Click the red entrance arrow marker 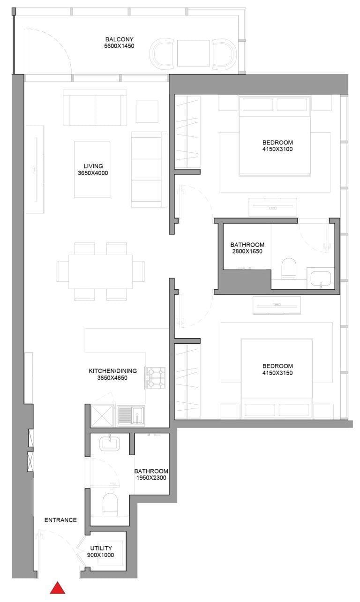57,588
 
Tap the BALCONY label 120,39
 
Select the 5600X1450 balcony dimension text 120,46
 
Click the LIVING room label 93,166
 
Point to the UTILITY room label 101,548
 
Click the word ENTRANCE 60,520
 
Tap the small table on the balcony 193,53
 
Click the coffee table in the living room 92,169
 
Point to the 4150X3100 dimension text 277,150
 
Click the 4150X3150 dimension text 277,373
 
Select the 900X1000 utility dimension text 101,555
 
